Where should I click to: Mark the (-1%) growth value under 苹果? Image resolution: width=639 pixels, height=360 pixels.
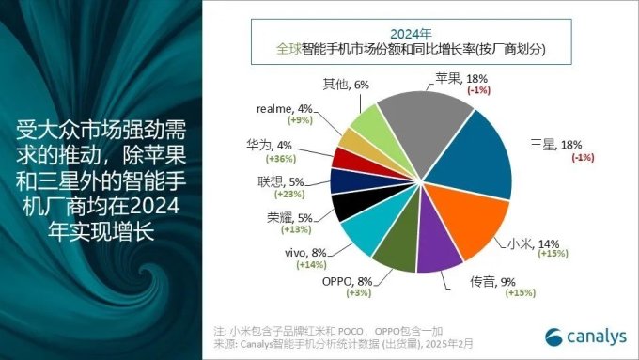point(481,90)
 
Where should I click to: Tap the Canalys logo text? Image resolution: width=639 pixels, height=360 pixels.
point(594,335)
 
